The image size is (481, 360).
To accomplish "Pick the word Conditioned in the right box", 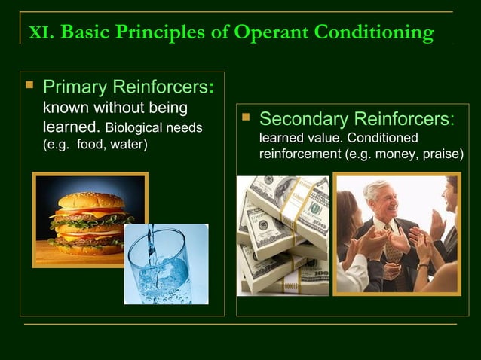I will point(381,139).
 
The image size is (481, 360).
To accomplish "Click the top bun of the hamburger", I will point(91,200).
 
